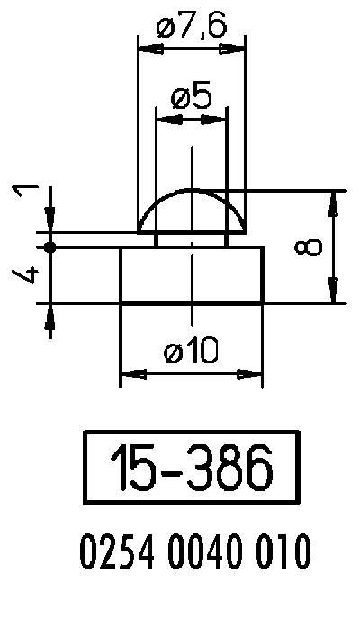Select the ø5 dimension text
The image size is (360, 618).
click(x=191, y=96)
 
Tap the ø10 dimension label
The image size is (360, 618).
click(x=191, y=353)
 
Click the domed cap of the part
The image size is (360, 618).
click(x=191, y=210)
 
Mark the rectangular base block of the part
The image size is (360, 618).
click(x=191, y=275)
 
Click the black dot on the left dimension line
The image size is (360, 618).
click(x=50, y=246)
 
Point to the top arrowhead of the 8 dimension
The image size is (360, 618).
click(x=334, y=201)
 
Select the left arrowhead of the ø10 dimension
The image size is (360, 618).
click(x=130, y=373)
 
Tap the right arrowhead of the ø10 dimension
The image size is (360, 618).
click(x=252, y=373)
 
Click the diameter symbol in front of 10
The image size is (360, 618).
click(x=175, y=354)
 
